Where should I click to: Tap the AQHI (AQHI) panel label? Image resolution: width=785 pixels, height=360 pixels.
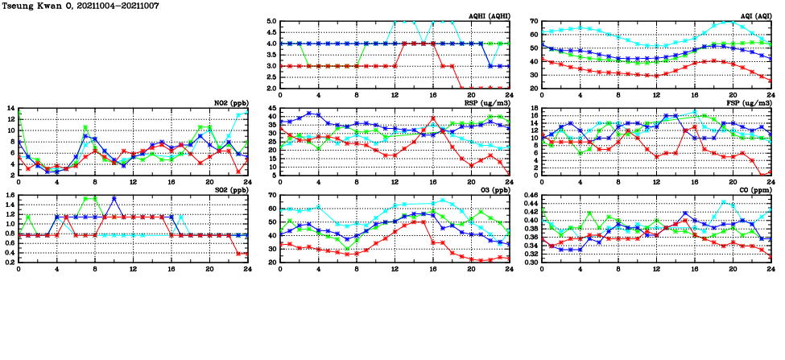pos(490,16)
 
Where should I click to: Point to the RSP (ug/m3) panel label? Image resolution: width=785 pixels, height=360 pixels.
pos(490,103)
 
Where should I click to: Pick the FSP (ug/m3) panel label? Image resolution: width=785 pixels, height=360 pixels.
pos(751,103)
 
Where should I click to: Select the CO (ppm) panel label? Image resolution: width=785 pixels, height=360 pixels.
pos(756,190)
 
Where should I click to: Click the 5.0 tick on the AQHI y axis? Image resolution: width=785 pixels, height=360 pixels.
pos(271,22)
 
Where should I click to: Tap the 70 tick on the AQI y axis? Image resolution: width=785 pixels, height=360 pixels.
pos(534,22)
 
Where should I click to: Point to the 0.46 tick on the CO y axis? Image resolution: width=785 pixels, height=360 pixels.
pos(530,196)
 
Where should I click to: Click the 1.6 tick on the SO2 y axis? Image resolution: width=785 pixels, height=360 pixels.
pos(10,196)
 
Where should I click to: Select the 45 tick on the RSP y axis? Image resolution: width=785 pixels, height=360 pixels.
pos(273,109)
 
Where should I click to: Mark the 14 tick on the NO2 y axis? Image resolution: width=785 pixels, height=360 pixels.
pos(10,109)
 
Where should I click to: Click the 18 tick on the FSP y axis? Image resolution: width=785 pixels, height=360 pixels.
pos(534,109)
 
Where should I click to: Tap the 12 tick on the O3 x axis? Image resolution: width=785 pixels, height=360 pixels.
pos(395,268)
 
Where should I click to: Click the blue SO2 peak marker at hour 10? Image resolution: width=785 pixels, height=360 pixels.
pos(114,198)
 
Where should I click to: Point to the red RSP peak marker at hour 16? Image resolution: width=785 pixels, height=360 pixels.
pos(432,118)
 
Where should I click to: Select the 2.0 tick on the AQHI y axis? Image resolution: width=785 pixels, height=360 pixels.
pos(271,88)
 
